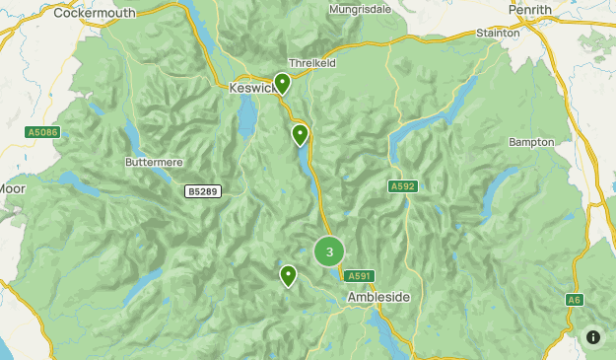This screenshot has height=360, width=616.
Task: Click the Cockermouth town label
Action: pos(96,12)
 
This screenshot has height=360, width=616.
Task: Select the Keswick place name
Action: pos(250,88)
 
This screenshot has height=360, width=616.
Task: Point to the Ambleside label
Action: pos(378,297)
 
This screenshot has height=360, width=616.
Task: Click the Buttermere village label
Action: pos(154,161)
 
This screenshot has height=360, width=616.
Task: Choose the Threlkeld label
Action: pos(312,62)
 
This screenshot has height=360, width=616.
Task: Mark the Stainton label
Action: pos(498,33)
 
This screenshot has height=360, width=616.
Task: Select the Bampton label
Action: pos(531,142)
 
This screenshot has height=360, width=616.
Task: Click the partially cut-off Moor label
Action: pos(12,188)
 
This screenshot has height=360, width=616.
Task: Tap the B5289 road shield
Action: pos(202,190)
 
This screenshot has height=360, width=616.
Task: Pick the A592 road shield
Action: pos(402,185)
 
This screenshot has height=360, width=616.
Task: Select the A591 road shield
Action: pos(361,275)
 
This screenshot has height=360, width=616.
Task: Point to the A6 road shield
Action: pos(574,299)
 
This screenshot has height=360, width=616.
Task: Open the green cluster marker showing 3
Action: pos(329,252)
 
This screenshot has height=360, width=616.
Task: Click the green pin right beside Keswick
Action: pos(282,84)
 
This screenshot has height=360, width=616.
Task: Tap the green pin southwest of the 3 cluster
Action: pos(288,275)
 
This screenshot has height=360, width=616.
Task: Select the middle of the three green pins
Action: pos(300,134)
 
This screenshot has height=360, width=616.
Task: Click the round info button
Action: pos(592,336)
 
